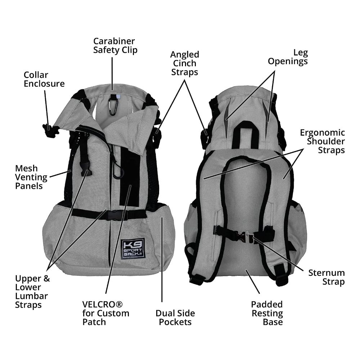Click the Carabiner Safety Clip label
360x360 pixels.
(115, 45)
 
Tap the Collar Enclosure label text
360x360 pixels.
(44, 80)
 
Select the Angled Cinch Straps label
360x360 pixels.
(184, 63)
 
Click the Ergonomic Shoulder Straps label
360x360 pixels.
(322, 141)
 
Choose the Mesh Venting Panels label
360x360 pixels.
(31, 177)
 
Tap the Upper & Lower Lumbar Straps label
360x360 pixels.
(32, 292)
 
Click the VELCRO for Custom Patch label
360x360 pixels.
(105, 313)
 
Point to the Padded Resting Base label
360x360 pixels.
(267, 313)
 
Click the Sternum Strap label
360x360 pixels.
(326, 277)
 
